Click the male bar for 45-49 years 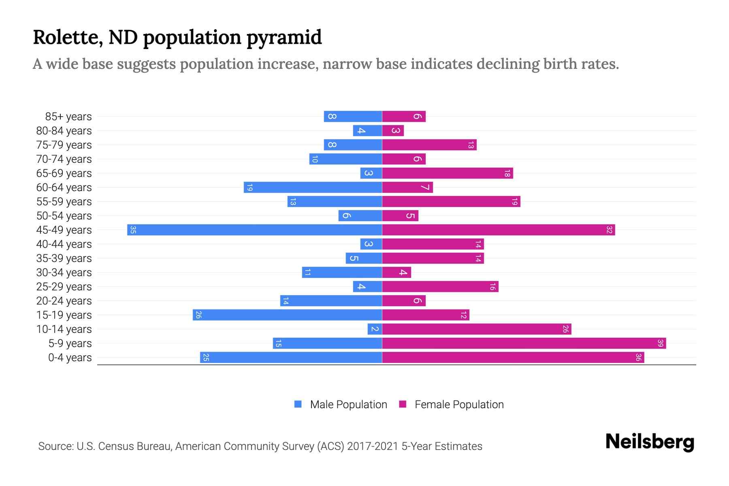[x=254, y=230]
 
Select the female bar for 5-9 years [x=524, y=343]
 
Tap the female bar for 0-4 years [x=513, y=358]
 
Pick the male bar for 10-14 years [x=375, y=329]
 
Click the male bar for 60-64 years [x=313, y=188]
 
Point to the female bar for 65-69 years [x=447, y=173]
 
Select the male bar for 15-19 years [x=287, y=315]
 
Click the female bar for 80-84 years [x=393, y=131]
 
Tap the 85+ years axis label [x=68, y=117]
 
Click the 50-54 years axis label [x=64, y=216]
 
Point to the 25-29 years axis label [x=64, y=287]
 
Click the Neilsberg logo [x=650, y=442]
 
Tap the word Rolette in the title [x=67, y=37]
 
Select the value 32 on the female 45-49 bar [x=609, y=230]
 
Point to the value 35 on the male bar [x=133, y=230]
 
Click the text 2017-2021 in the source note [x=373, y=446]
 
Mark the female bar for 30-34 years [x=396, y=273]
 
